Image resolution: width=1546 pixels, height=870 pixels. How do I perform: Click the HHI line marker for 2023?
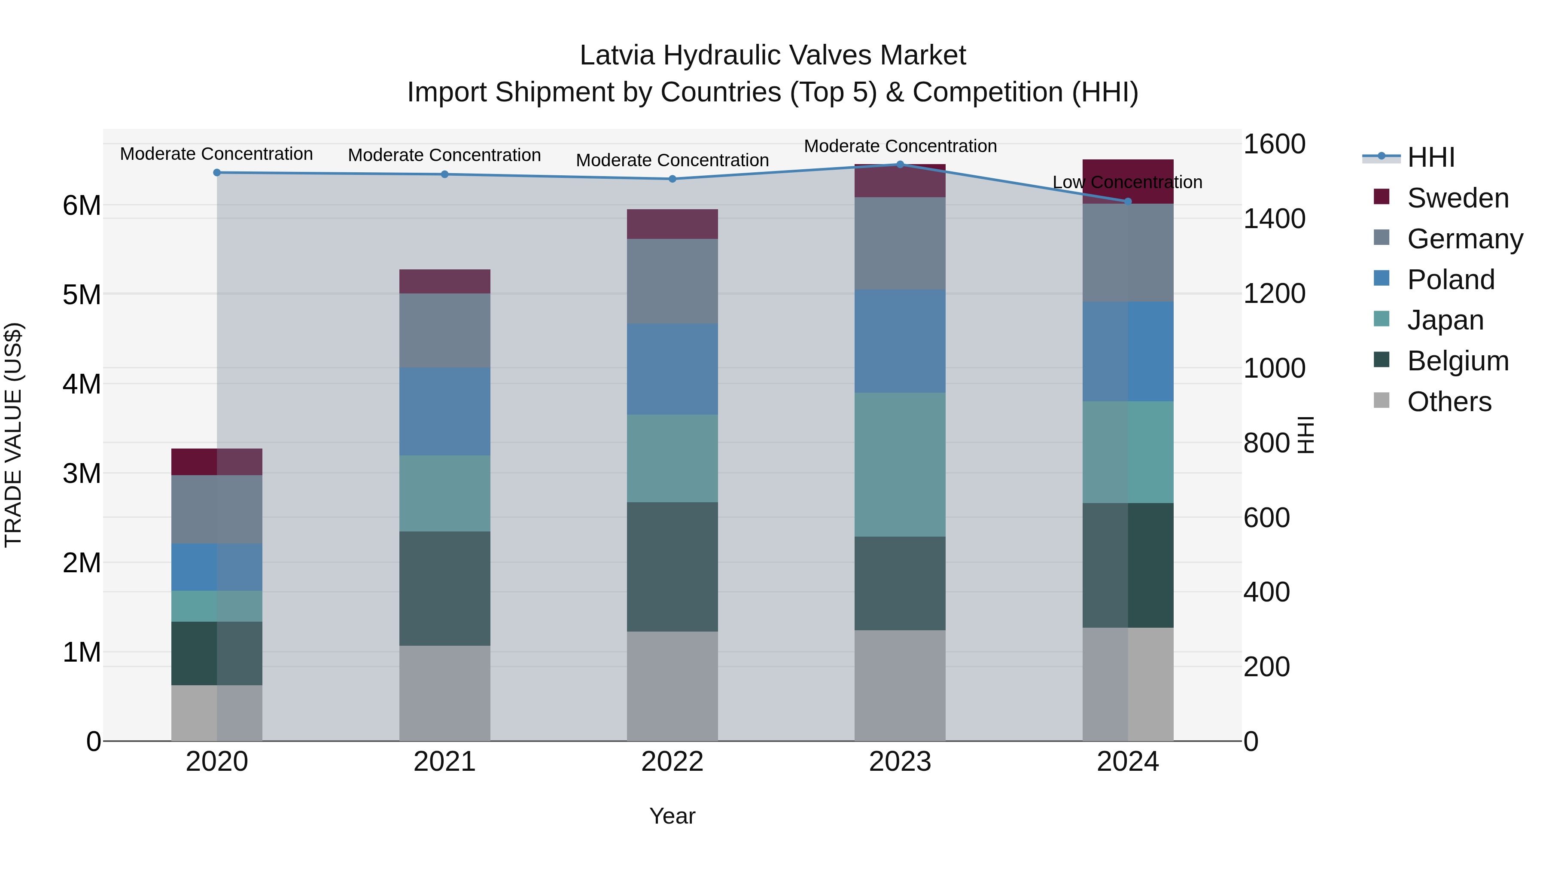900,165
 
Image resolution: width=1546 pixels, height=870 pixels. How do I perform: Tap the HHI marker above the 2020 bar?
217,173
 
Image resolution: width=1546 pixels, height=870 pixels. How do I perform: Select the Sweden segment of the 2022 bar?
672,224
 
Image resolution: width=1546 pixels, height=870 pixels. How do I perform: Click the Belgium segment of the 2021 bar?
445,589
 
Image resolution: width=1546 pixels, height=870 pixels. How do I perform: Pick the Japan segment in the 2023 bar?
900,465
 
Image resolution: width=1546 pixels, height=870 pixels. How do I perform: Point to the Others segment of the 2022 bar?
672,686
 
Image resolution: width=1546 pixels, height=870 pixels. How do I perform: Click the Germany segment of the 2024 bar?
1128,253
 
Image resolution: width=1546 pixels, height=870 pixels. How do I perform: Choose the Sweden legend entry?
1457,198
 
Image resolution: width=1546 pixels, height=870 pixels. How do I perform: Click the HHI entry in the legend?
1431,157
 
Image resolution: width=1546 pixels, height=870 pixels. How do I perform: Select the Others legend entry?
1449,402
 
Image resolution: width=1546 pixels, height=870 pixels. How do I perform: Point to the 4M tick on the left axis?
82,384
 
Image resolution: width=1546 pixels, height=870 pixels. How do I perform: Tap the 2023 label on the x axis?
900,762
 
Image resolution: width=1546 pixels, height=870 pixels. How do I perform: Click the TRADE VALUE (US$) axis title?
13,435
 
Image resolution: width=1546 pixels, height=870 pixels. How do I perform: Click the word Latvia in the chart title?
617,56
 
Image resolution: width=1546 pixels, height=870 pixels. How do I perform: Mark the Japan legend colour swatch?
1381,319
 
